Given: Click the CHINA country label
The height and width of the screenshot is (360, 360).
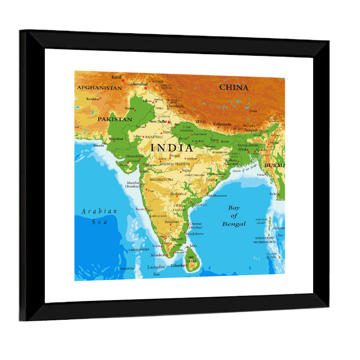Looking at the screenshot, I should pyautogui.click(x=234, y=87).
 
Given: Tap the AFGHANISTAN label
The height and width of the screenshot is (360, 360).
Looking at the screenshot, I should pyautogui.click(x=99, y=88).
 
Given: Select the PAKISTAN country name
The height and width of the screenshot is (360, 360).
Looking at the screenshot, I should pyautogui.click(x=115, y=119).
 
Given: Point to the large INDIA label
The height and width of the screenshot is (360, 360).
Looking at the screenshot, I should pyautogui.click(x=172, y=148).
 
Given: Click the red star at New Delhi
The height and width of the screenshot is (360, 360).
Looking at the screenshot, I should pyautogui.click(x=169, y=122).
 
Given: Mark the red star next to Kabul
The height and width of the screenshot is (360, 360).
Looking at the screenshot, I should pyautogui.click(x=123, y=81).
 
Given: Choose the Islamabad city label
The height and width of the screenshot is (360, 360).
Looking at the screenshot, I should pyautogui.click(x=139, y=84).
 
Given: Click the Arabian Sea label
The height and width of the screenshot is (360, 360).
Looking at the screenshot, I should pyautogui.click(x=99, y=216).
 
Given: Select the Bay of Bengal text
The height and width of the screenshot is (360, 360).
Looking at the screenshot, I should pyautogui.click(x=234, y=216).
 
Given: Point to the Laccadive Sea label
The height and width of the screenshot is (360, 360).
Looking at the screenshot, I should pyautogui.click(x=156, y=270).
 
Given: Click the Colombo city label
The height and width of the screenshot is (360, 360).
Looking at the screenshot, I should pyautogui.click(x=177, y=266).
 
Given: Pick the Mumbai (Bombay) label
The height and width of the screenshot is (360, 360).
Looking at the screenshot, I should pyautogui.click(x=132, y=185).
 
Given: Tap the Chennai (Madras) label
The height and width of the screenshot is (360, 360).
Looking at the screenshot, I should pyautogui.click(x=196, y=225).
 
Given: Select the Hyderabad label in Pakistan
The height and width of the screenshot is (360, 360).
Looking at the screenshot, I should pyautogui.click(x=116, y=139).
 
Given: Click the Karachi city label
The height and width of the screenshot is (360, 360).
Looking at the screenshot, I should pyautogui.click(x=99, y=145).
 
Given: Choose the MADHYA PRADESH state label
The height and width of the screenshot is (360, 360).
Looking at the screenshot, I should pyautogui.click(x=175, y=164).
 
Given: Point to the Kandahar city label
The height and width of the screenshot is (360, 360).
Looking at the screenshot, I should pyautogui.click(x=93, y=99).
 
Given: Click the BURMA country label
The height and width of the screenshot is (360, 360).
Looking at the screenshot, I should pyautogui.click(x=274, y=165).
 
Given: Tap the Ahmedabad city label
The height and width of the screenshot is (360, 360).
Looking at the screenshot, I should pyautogui.click(x=134, y=156).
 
